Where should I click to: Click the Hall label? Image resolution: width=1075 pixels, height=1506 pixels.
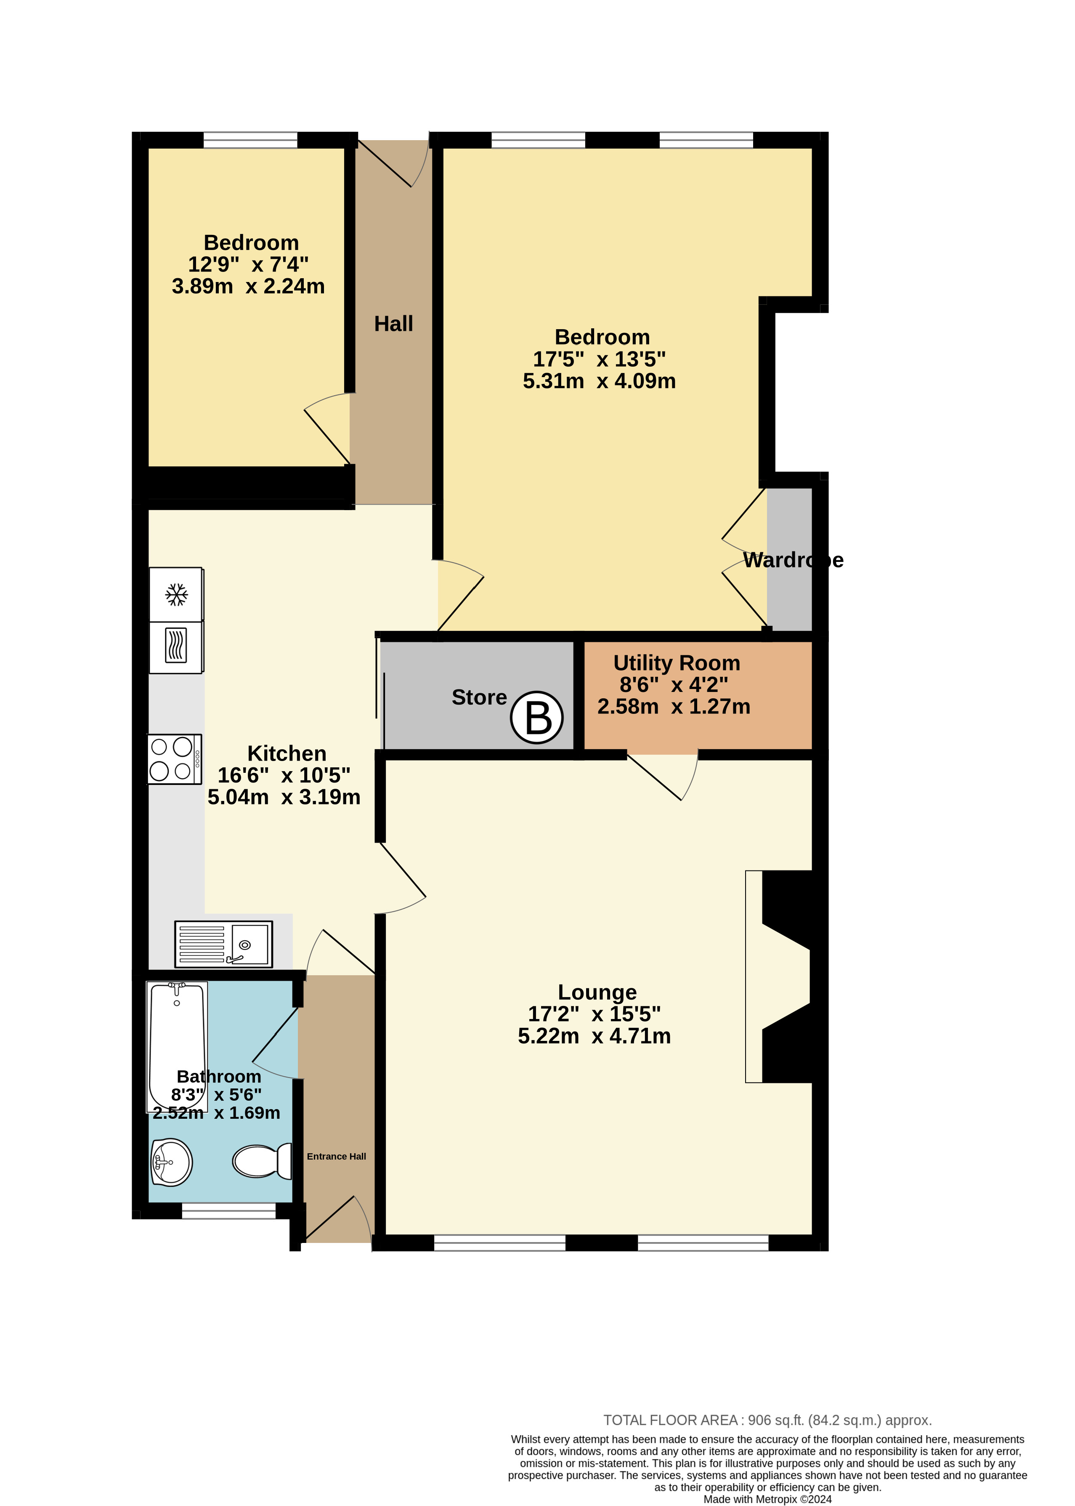click(x=393, y=324)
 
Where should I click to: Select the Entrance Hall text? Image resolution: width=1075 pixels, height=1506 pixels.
click(x=336, y=1156)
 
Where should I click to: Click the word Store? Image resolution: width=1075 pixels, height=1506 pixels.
click(x=479, y=697)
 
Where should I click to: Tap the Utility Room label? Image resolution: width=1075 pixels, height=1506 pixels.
click(x=677, y=663)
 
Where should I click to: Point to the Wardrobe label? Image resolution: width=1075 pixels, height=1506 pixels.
click(x=793, y=560)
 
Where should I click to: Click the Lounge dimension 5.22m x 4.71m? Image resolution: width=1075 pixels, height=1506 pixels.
click(x=595, y=1036)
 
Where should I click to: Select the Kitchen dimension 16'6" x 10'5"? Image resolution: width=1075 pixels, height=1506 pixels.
click(x=284, y=775)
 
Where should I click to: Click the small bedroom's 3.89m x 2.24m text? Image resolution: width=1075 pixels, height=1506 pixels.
click(x=248, y=286)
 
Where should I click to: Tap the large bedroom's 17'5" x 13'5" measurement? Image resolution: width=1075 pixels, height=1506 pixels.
click(x=599, y=359)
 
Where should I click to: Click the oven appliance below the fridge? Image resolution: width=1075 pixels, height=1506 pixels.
click(x=176, y=647)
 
